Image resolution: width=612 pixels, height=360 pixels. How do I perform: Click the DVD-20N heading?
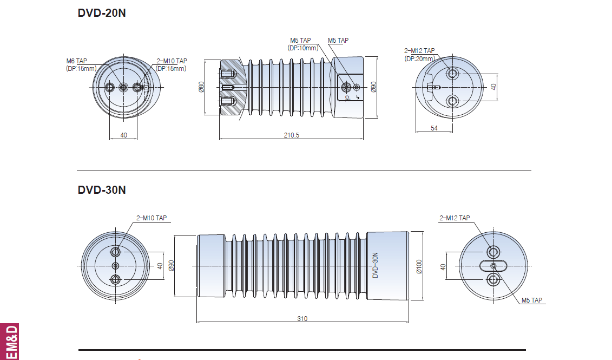102,13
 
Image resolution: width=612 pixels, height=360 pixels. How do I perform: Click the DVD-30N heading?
102,190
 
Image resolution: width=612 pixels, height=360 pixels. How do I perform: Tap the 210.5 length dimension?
292,135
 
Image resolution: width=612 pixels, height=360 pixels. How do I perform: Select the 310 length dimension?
302,319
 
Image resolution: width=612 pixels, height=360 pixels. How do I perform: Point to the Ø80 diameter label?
201,87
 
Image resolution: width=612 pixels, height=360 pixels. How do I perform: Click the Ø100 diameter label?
419,266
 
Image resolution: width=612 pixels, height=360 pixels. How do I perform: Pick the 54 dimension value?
434,128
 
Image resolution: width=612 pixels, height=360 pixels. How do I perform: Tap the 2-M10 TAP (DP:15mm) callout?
172,65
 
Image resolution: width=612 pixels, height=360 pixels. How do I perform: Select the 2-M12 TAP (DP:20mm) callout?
419,55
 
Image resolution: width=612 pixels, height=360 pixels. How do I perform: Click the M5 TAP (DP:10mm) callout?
303,44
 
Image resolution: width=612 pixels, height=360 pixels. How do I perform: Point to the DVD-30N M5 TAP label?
532,300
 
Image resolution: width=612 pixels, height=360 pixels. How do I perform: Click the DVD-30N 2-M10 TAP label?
152,218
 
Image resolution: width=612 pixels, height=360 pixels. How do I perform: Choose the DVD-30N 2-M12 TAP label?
455,218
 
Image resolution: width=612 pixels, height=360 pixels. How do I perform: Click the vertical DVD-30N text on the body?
376,265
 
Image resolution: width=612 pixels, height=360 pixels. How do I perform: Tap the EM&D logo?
9,342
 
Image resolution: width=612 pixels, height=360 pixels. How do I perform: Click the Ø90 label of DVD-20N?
373,87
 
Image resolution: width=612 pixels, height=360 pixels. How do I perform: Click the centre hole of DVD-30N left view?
116,266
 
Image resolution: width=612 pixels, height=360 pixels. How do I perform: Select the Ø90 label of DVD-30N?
171,265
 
